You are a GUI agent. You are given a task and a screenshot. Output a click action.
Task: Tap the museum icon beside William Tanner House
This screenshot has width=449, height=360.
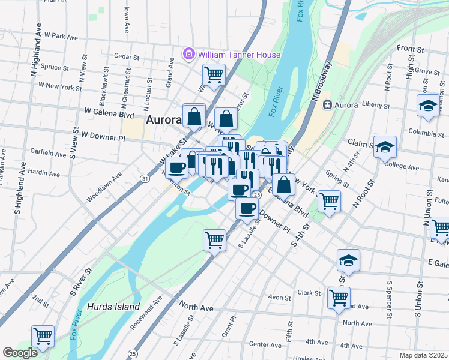pyautogui.click(x=190, y=55)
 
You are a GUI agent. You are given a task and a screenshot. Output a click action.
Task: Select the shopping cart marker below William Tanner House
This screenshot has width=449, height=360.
pyautogui.click(x=214, y=74)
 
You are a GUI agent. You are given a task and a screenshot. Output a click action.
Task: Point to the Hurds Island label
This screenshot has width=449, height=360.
pyautogui.click(x=107, y=306)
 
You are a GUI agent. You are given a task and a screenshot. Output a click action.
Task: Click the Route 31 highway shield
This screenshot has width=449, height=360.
pyautogui.click(x=145, y=179)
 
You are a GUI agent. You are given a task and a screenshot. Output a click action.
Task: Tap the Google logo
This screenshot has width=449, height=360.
pyautogui.click(x=20, y=353)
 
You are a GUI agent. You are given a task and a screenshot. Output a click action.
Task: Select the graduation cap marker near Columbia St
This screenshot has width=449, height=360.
pyautogui.click(x=428, y=106)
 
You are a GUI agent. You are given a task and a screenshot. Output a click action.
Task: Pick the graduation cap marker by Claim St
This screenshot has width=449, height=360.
pyautogui.click(x=385, y=146)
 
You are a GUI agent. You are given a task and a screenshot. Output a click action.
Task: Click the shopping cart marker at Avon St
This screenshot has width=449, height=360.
pyautogui.click(x=339, y=297)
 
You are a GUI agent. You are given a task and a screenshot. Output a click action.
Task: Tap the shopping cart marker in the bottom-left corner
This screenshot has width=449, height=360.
pyautogui.click(x=43, y=337)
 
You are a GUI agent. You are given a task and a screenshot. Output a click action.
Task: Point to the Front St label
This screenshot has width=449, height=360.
pyautogui.click(x=410, y=48)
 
